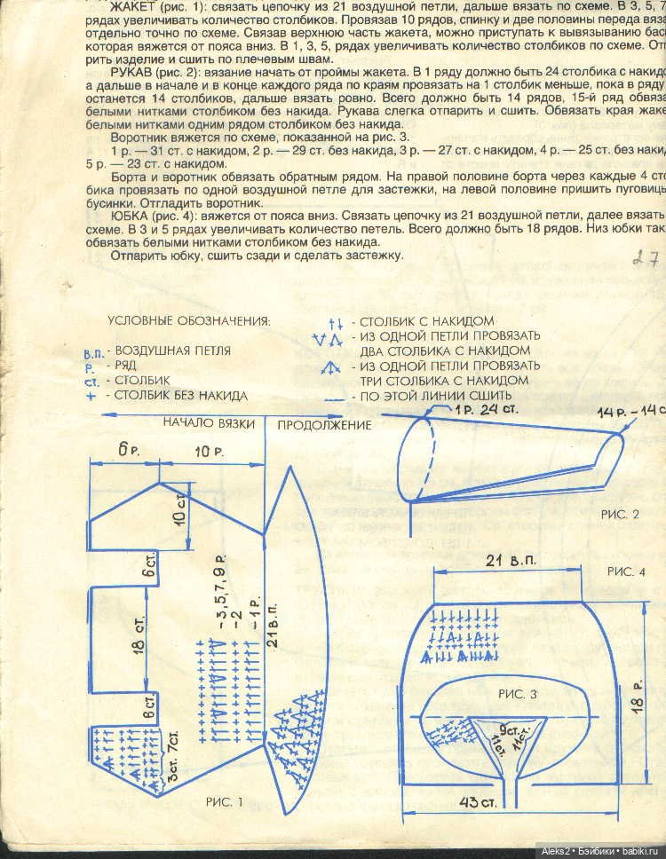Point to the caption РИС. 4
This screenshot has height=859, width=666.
pos(628,571)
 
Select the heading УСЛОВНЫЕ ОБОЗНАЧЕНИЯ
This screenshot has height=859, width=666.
pos(188,320)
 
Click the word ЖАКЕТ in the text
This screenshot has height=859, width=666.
pos(133,8)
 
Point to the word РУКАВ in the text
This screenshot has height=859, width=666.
pos(134,69)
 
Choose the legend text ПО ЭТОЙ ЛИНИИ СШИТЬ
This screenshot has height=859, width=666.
pos(435,396)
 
